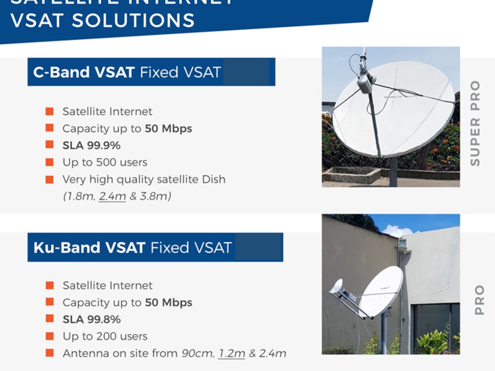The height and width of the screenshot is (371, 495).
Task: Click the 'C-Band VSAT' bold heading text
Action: click(84, 72)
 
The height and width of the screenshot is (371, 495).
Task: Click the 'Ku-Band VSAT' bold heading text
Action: click(89, 247)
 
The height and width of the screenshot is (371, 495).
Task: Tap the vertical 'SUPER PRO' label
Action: click(475, 123)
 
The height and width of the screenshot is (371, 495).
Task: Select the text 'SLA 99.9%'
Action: click(91, 145)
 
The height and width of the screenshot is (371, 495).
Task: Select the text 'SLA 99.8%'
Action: click(91, 319)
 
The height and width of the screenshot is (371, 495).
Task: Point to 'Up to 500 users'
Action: click(104, 162)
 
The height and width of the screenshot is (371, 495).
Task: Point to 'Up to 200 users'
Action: click(105, 336)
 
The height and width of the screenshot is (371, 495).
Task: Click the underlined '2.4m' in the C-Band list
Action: click(113, 196)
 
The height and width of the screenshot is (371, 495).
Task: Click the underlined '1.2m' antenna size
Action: click(232, 353)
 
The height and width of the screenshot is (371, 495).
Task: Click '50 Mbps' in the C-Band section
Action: click(168, 129)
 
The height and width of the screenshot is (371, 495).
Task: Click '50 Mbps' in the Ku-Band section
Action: click(168, 302)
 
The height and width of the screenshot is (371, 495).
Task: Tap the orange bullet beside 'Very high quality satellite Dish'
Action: click(49, 179)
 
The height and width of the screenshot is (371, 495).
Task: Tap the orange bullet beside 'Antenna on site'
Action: click(49, 353)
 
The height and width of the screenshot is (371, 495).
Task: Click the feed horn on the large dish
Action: click(365, 83)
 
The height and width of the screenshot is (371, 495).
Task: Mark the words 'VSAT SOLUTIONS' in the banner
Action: click(102, 21)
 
